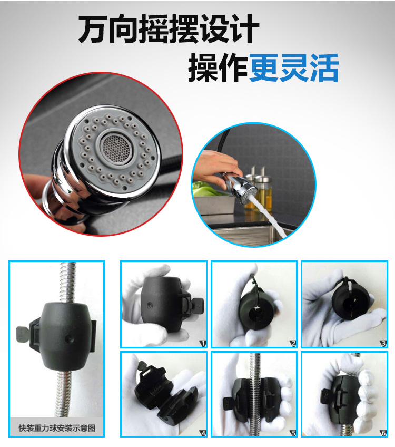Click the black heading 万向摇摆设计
click(x=169, y=29)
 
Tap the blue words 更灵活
click(x=293, y=68)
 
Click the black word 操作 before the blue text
click(x=219, y=68)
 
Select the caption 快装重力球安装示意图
click(x=57, y=428)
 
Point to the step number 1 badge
click(x=203, y=344)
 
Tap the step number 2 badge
click(x=293, y=344)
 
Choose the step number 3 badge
click(x=383, y=344)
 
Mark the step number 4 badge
click(x=203, y=433)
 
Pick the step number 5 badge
click(x=293, y=433)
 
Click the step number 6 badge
click(x=383, y=433)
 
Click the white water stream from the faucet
click(x=266, y=215)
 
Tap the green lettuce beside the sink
click(x=205, y=189)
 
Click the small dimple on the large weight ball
click(x=69, y=338)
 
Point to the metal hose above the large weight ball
click(x=68, y=282)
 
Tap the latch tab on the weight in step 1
click(x=197, y=306)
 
